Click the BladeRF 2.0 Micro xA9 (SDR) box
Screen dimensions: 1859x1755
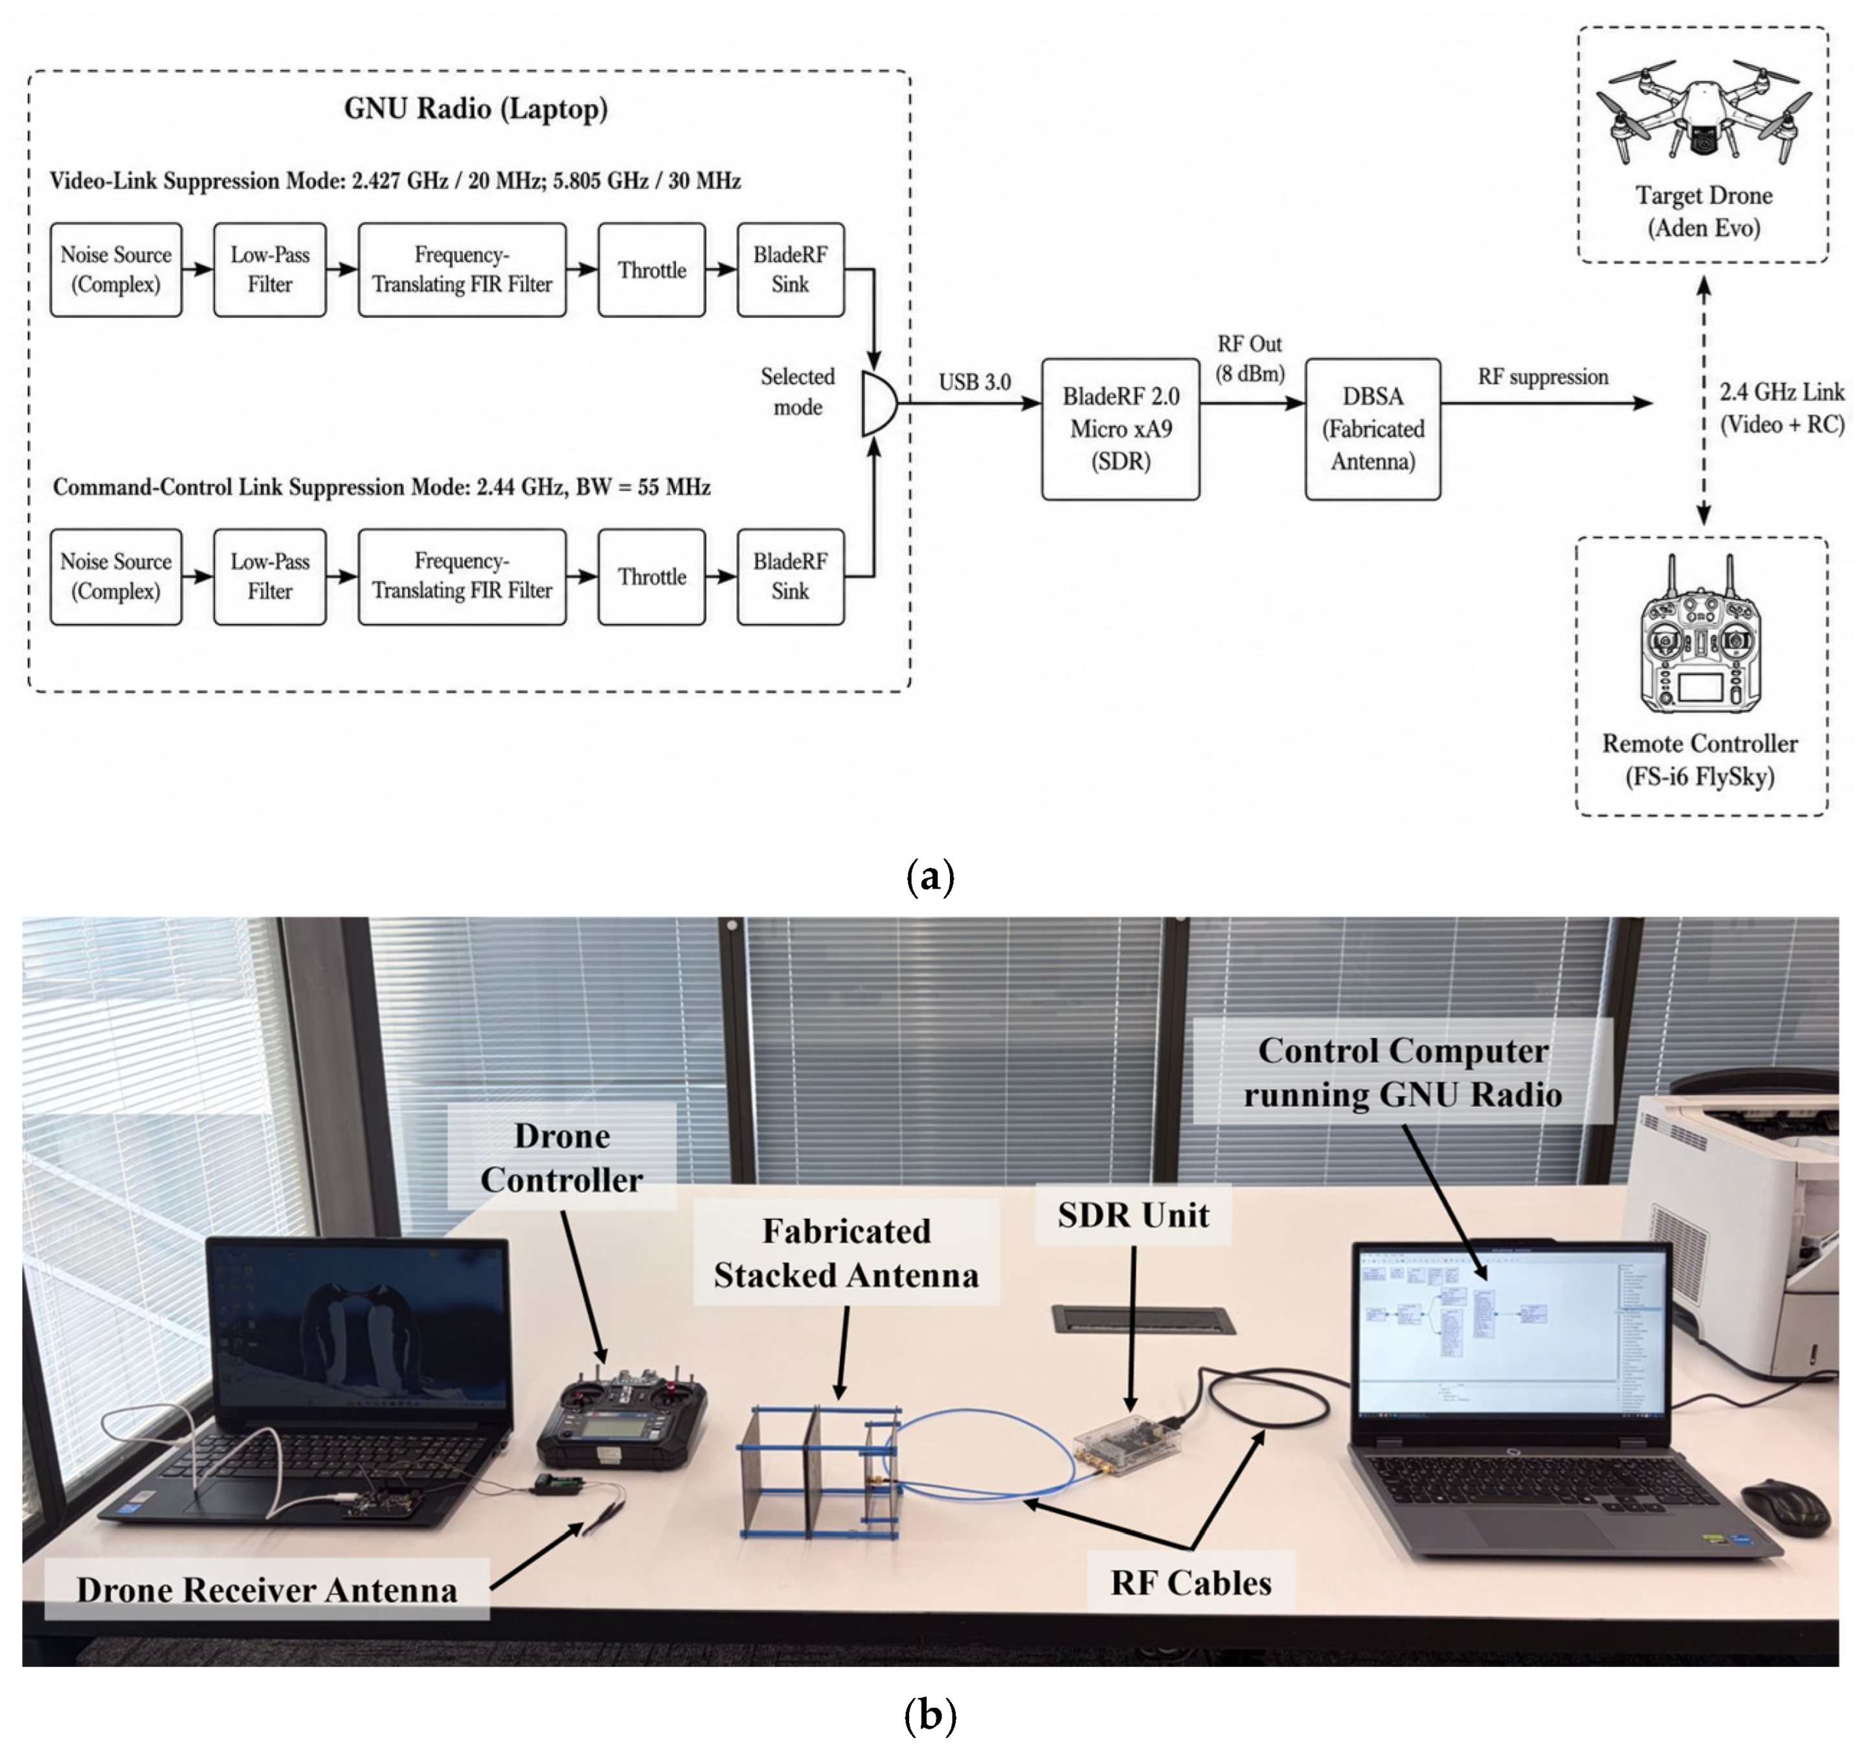[x=1120, y=429]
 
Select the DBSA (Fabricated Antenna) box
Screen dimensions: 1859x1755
[x=1373, y=429]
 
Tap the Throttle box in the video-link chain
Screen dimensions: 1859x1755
[x=651, y=269]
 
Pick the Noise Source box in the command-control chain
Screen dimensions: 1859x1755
[x=116, y=576]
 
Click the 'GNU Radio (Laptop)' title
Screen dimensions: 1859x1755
[x=476, y=109]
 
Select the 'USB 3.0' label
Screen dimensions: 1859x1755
[x=975, y=381]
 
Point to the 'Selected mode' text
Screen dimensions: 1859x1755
[x=797, y=391]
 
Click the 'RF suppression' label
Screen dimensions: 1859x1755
[x=1543, y=377]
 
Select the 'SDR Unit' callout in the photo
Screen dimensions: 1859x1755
[x=1133, y=1214]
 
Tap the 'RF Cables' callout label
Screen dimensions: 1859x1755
[x=1190, y=1582]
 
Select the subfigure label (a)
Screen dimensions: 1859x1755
[x=930, y=877]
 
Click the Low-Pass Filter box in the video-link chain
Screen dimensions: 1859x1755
[x=269, y=269]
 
